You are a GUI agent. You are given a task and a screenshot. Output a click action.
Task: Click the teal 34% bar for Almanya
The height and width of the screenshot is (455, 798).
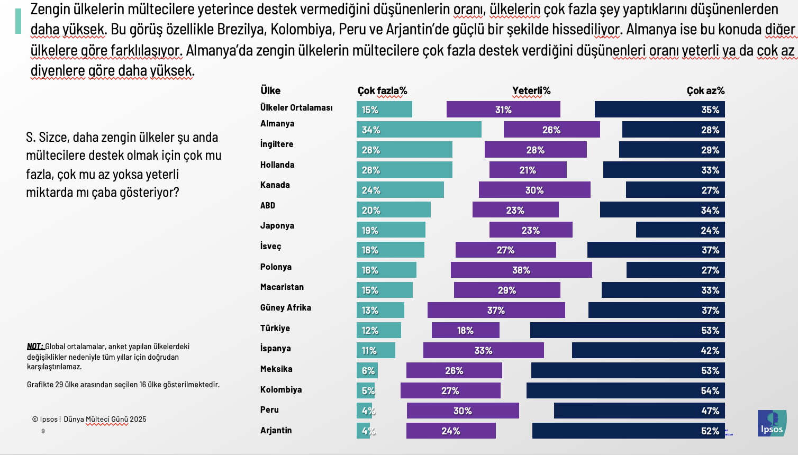pos(419,130)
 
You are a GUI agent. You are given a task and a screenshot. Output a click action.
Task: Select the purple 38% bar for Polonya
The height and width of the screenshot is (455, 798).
pos(521,270)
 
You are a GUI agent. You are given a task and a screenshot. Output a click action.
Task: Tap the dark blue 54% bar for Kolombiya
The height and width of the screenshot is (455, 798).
pos(625,390)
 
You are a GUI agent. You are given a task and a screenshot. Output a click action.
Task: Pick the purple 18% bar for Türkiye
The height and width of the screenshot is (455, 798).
pos(465,330)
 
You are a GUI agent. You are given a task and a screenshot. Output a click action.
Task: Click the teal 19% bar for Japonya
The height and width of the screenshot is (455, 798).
pos(391,230)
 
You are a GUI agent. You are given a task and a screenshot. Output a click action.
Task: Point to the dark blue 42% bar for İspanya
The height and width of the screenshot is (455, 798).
pos(648,350)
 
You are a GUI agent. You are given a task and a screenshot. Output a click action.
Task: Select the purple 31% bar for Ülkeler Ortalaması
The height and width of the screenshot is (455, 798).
pos(503,110)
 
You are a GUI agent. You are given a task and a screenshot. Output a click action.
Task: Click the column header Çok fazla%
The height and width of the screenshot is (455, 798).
pos(382,90)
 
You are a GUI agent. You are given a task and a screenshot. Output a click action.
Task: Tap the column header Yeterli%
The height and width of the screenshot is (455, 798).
pos(531,90)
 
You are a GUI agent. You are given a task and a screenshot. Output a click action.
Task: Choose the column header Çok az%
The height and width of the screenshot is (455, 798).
pos(705,90)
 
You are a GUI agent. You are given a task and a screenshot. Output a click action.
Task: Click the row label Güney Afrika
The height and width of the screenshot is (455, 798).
pos(285,307)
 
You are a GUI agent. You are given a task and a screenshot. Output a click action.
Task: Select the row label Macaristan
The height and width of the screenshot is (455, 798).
pos(282,287)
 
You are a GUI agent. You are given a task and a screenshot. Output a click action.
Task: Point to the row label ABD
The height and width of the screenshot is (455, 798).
pos(267,205)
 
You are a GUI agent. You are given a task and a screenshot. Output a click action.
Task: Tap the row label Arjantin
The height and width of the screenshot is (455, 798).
pos(276,430)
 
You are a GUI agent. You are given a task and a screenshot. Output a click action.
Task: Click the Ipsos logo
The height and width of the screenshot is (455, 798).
pos(772,423)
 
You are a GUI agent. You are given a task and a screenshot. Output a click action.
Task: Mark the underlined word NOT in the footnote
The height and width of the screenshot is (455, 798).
pos(35,346)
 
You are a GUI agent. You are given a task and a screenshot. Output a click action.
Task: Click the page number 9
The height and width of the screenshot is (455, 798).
pos(43,431)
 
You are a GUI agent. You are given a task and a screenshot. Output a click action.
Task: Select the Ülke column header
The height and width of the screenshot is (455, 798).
pos(270,90)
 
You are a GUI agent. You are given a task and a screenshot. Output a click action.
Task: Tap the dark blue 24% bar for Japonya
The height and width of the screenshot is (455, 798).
pos(680,230)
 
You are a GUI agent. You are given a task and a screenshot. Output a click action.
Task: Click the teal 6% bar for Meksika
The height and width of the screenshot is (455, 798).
pos(367,370)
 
